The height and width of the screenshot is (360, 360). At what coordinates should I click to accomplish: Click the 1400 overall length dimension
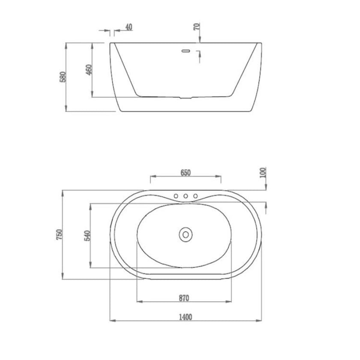pyautogui.click(x=185, y=317)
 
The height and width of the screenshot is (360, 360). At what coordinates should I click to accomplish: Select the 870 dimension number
pyautogui.click(x=184, y=298)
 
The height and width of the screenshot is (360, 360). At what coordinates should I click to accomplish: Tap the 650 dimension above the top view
pyautogui.click(x=186, y=173)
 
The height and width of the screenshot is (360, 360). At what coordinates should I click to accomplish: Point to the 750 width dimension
pyautogui.click(x=59, y=234)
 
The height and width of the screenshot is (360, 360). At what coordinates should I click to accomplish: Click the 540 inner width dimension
pyautogui.click(x=88, y=236)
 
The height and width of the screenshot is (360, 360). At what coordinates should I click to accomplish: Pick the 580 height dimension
pyautogui.click(x=63, y=77)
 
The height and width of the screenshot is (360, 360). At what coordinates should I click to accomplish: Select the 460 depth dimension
pyautogui.click(x=89, y=69)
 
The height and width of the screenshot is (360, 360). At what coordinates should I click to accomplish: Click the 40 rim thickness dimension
pyautogui.click(x=129, y=27)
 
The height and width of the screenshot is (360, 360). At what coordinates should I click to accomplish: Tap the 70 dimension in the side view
pyautogui.click(x=197, y=27)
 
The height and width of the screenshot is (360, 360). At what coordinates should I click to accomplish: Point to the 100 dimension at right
pyautogui.click(x=263, y=172)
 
